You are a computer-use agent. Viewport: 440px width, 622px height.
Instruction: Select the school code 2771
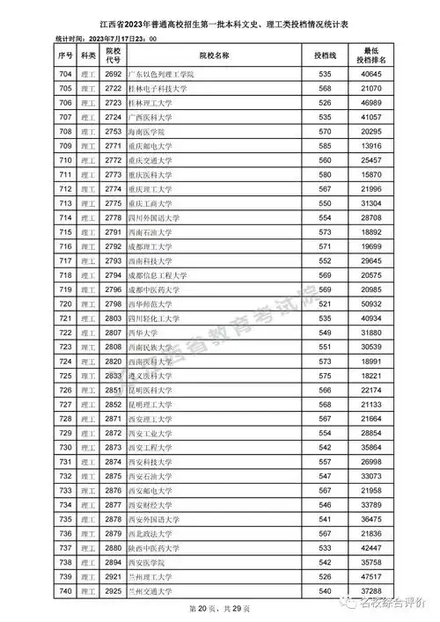pos(113,145)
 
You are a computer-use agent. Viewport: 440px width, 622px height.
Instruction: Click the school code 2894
pos(113,561)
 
